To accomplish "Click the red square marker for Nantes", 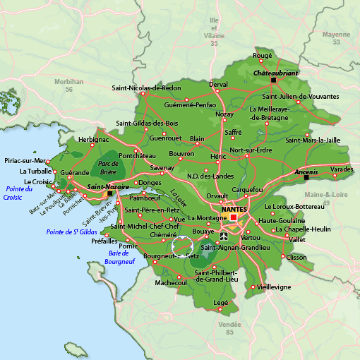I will point(234,217).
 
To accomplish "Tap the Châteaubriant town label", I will point(276,73).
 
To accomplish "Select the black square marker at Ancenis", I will point(306,178).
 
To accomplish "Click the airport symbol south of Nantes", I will point(224,236).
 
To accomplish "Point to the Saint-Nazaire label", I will point(107,186).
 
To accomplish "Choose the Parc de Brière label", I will point(107,167).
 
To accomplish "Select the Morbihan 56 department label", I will point(68,85).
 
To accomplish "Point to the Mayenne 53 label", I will point(336,38).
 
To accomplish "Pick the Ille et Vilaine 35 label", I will point(214,35).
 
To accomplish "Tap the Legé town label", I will point(221,302).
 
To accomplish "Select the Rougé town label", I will point(262,55).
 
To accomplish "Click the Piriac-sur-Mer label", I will point(24,160).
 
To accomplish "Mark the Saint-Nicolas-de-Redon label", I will point(147,88).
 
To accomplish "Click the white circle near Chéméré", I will point(182,246).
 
